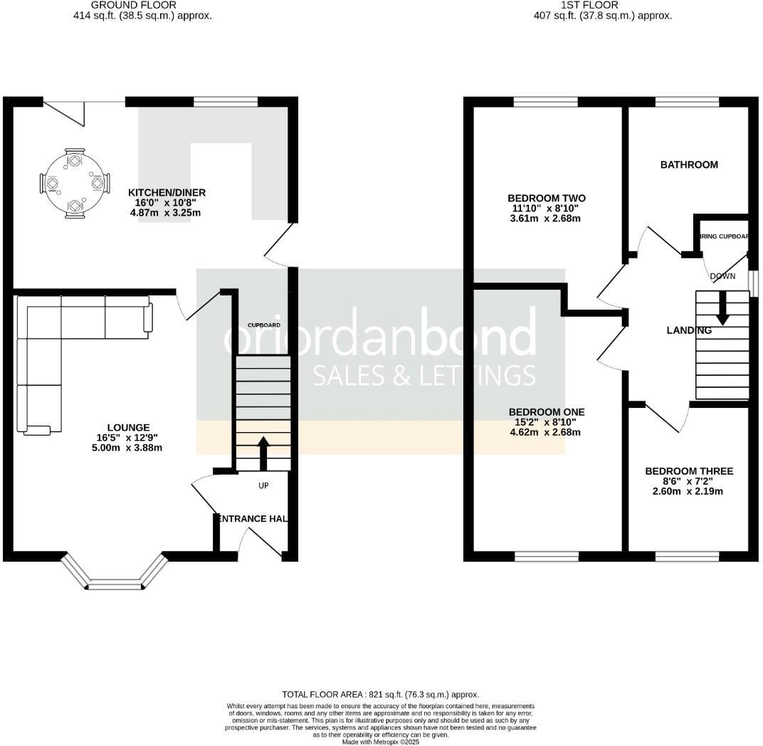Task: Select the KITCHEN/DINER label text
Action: coord(167,192)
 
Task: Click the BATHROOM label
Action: coord(689,164)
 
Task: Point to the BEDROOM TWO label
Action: coord(546,198)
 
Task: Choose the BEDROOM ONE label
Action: coord(546,411)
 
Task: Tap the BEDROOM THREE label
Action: coord(688,471)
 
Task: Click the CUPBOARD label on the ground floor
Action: coord(263,325)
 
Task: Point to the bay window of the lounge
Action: coord(114,577)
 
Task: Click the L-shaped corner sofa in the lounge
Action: coord(57,342)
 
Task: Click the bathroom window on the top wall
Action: coord(687,102)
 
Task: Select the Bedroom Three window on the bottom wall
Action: coord(687,556)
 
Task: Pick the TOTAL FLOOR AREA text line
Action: coord(381,694)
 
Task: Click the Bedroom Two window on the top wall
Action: coord(545,102)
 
